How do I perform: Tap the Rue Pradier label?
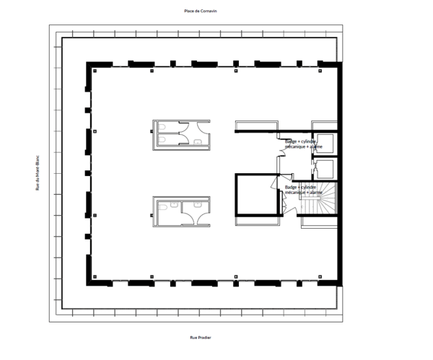click(200, 337)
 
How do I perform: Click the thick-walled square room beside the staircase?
click(258, 195)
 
